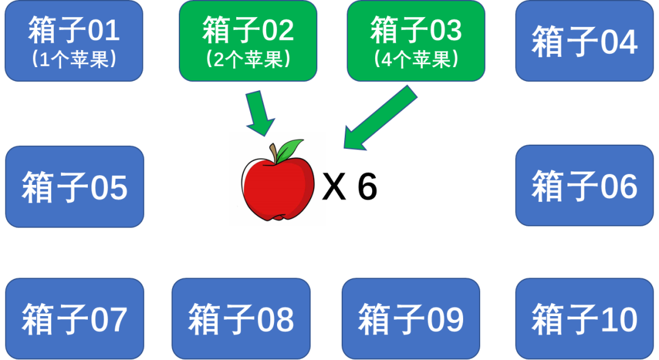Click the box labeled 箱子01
[74, 41]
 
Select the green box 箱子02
[248, 41]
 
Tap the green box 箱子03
[416, 41]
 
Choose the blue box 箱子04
[585, 41]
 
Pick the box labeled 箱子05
[74, 187]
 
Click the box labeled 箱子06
[585, 185]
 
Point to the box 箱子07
[74, 319]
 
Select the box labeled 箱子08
[241, 319]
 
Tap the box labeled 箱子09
[411, 319]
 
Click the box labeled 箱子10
[585, 319]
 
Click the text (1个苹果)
[74, 60]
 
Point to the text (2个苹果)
[248, 60]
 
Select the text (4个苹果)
[416, 60]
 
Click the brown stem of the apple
[275, 153]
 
